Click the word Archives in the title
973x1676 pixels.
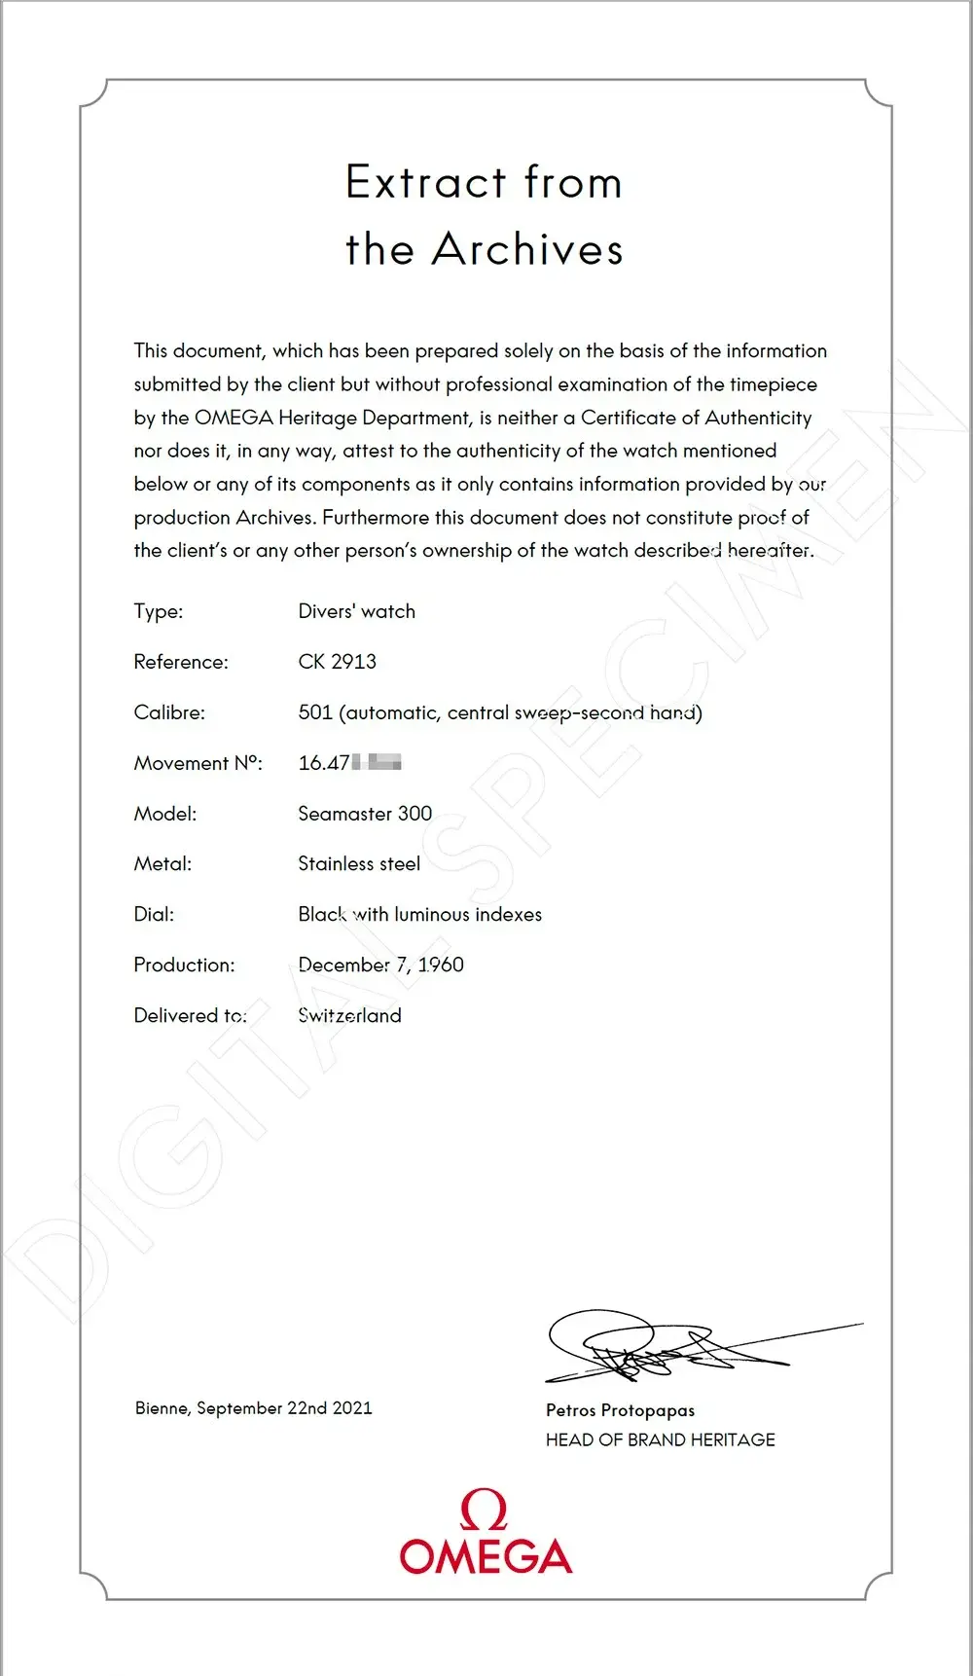tap(527, 250)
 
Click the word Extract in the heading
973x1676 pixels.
tap(426, 183)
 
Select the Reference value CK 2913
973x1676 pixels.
tap(337, 662)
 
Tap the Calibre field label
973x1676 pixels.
tap(169, 712)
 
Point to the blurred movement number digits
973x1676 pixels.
tap(377, 762)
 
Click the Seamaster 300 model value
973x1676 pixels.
tap(365, 814)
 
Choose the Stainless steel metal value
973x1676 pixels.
tap(359, 864)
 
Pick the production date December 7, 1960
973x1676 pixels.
tap(380, 965)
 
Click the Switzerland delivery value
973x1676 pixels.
tap(349, 1015)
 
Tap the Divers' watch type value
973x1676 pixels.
tap(356, 611)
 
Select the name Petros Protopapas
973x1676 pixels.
tap(620, 1410)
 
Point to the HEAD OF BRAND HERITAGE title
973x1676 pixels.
tap(660, 1439)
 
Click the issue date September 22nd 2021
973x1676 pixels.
tap(284, 1408)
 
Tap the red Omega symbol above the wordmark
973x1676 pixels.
tap(484, 1510)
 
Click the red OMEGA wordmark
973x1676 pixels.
tap(486, 1556)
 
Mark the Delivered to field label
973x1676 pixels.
tap(190, 1015)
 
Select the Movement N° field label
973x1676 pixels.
tap(198, 763)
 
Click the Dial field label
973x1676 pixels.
tap(154, 915)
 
